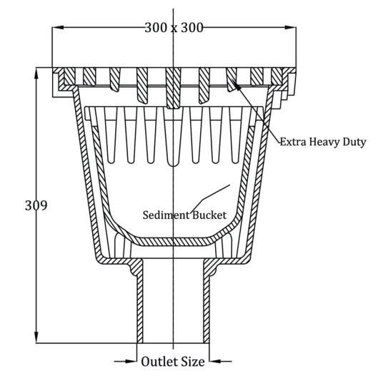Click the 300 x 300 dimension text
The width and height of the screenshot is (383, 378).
point(174,28)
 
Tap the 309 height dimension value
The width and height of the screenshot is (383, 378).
point(36,205)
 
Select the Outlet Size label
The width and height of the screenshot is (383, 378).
point(173,362)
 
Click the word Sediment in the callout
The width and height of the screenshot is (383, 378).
point(166,215)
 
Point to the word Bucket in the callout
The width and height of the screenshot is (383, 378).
point(209,215)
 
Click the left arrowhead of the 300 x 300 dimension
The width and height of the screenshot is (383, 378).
point(58,27)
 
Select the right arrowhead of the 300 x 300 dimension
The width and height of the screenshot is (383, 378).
point(290,27)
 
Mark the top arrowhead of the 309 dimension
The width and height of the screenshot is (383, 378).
point(36,73)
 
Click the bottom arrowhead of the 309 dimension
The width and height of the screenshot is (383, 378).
point(36,337)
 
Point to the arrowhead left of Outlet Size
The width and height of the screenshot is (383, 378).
point(131,361)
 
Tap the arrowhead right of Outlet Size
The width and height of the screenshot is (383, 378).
point(215,361)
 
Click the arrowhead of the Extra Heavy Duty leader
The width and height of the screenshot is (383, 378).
point(237,86)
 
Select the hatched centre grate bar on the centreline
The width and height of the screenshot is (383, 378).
point(173,88)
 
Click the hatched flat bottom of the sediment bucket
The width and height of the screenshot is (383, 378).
point(173,242)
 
